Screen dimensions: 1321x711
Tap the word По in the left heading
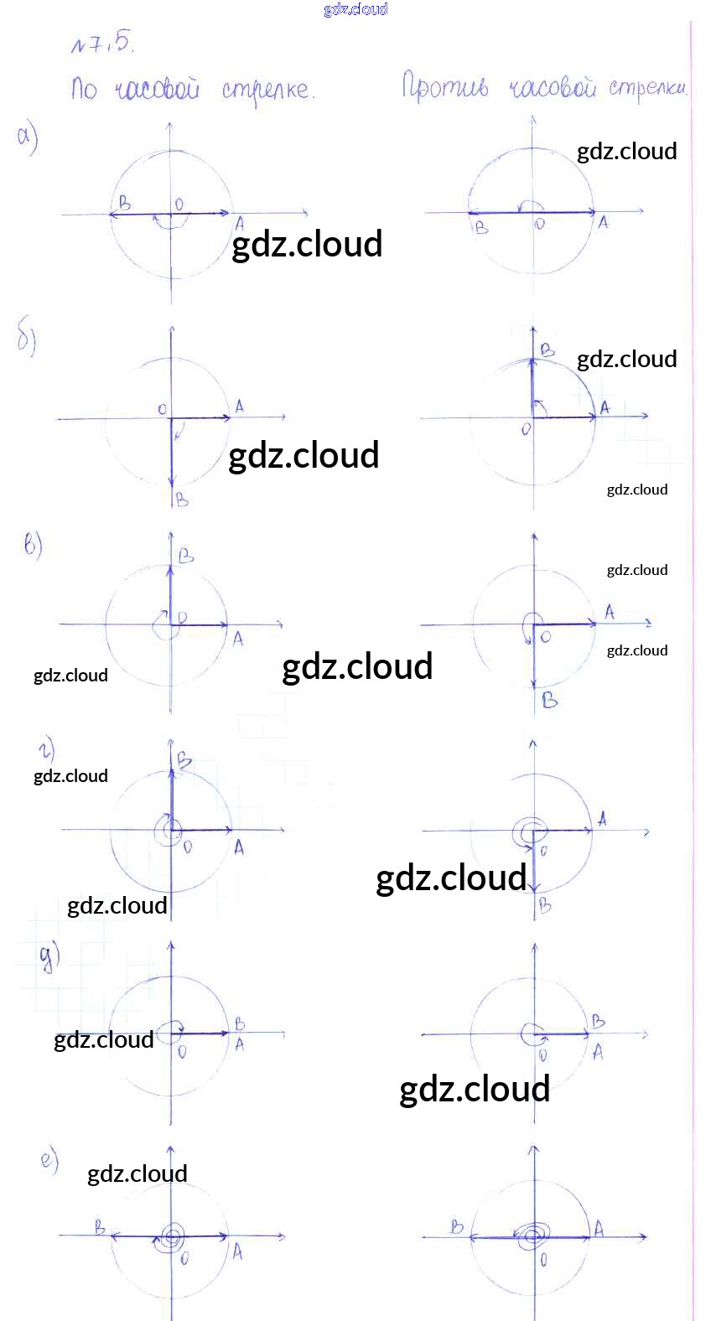click(x=84, y=88)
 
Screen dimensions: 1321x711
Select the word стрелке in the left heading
click(x=268, y=89)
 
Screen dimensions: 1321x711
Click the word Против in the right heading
click(x=444, y=86)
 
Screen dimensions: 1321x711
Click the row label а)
click(x=28, y=137)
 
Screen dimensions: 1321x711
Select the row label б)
click(x=27, y=339)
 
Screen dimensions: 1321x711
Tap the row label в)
click(x=33, y=546)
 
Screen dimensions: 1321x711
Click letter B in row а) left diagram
click(x=124, y=202)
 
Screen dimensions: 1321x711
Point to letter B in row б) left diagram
click(x=182, y=500)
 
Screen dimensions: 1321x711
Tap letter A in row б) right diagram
click(x=605, y=407)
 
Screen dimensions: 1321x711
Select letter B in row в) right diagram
click(x=549, y=700)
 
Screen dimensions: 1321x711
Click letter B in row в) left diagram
click(x=186, y=556)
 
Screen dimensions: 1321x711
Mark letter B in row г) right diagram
click(x=545, y=905)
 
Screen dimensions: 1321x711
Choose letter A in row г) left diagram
click(x=239, y=847)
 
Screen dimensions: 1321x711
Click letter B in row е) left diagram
click(x=100, y=1228)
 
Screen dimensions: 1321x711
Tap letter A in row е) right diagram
click(x=599, y=1229)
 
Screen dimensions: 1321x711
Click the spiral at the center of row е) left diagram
click(x=172, y=1236)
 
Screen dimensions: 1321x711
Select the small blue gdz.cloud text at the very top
click(x=355, y=9)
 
